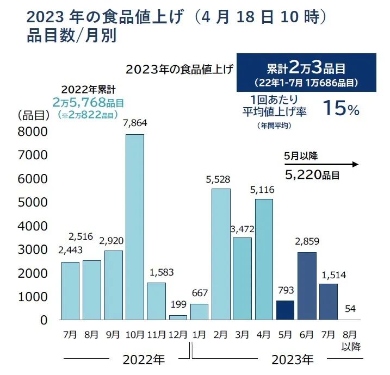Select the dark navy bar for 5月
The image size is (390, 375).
click(x=285, y=310)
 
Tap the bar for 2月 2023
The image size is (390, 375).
click(x=221, y=254)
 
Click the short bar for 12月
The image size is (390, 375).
click(x=178, y=317)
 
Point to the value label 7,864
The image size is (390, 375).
click(x=135, y=123)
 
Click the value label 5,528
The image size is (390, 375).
click(x=221, y=178)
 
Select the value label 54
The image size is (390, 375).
click(x=351, y=309)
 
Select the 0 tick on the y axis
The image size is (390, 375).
click(x=44, y=320)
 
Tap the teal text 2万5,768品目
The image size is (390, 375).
click(x=88, y=103)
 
